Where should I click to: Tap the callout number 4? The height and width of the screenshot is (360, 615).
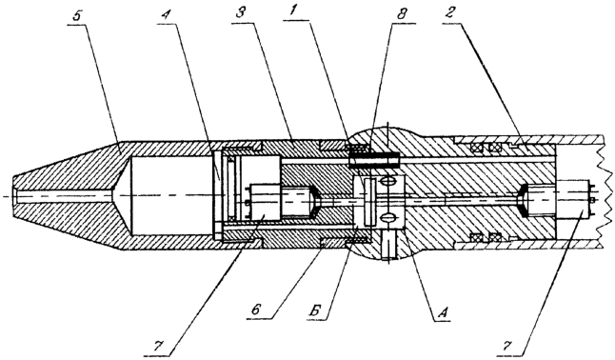[x=167, y=17]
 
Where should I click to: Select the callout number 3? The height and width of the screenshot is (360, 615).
[x=241, y=16]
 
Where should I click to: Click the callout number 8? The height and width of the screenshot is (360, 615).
[x=401, y=15]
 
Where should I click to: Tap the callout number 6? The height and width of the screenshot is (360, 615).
[x=256, y=310]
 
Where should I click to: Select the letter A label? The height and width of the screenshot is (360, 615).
[x=442, y=312]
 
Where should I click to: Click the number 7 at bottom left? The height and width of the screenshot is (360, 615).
[x=157, y=346]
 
